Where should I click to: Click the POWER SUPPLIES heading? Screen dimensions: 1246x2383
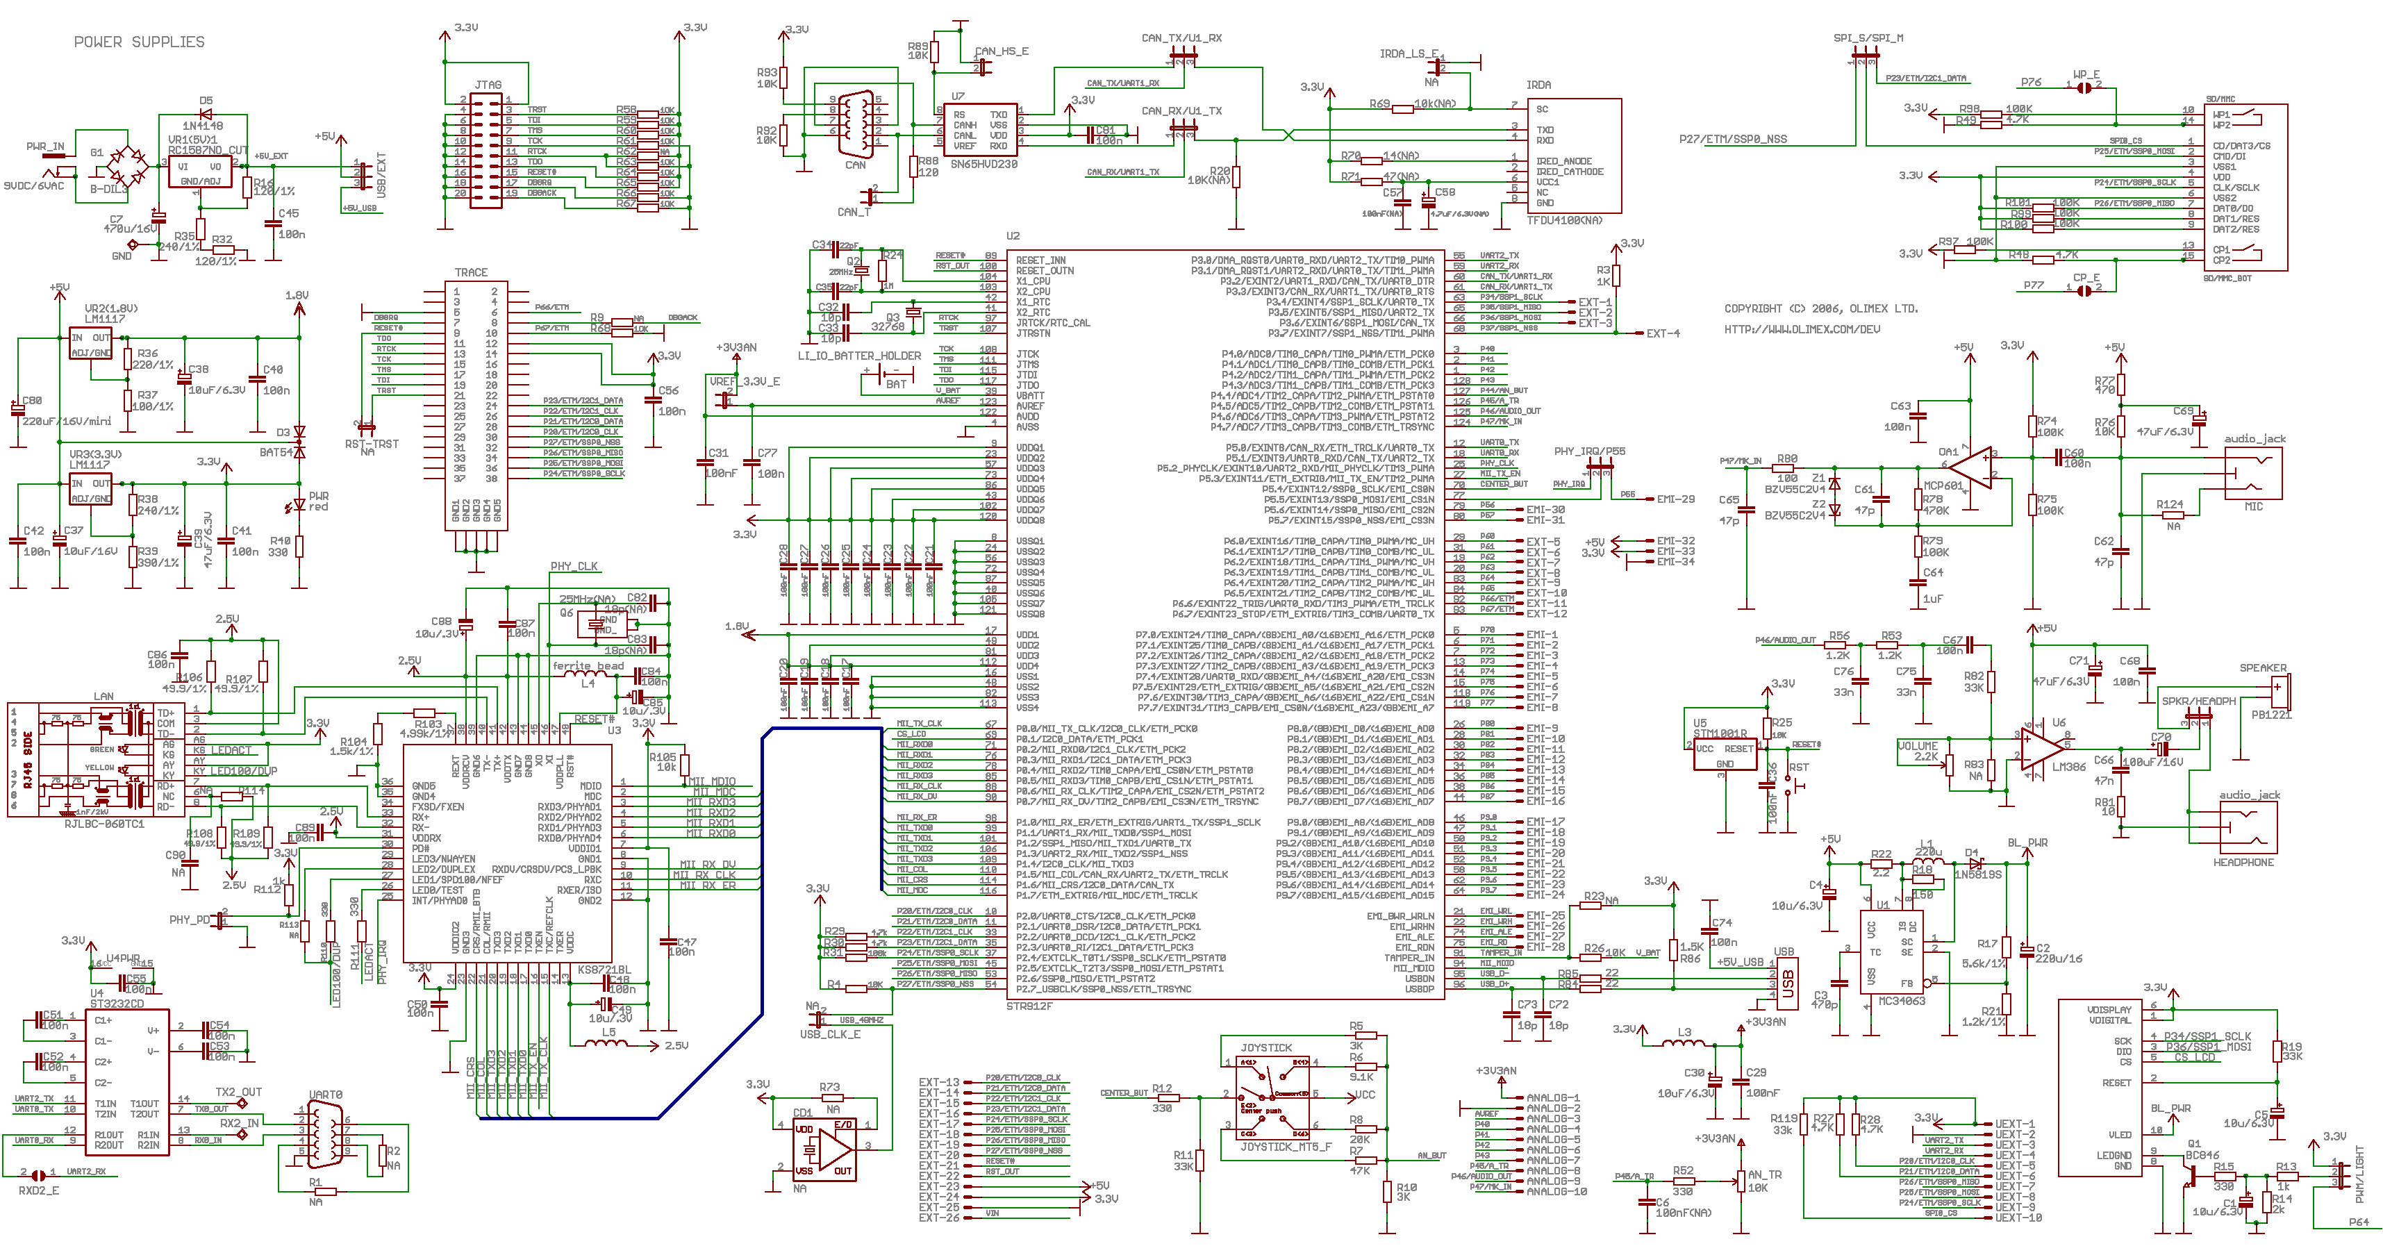[x=139, y=42]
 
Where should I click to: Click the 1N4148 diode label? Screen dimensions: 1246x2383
[x=203, y=126]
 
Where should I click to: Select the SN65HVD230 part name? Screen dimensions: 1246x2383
[x=983, y=164]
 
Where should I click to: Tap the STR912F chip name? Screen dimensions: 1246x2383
[x=1029, y=1006]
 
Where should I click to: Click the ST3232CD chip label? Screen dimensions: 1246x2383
[x=117, y=1004]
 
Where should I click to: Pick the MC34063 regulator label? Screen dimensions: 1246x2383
[x=1901, y=1001]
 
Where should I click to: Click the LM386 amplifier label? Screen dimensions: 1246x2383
[x=2068, y=767]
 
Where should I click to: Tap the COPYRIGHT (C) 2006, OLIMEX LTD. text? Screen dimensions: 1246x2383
[x=1820, y=309]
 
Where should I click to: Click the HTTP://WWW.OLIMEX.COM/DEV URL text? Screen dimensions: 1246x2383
[x=1801, y=329]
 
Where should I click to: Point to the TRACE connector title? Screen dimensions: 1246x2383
[x=471, y=273]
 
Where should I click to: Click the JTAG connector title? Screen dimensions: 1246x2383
[x=488, y=85]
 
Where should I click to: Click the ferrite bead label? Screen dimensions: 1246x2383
[x=588, y=666]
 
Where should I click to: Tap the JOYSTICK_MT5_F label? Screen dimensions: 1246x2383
[x=1286, y=1147]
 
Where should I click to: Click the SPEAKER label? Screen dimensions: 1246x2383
[x=2263, y=668]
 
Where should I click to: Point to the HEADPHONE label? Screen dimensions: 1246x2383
[x=2243, y=862]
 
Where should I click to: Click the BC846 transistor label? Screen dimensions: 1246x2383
[x=2202, y=1155]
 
